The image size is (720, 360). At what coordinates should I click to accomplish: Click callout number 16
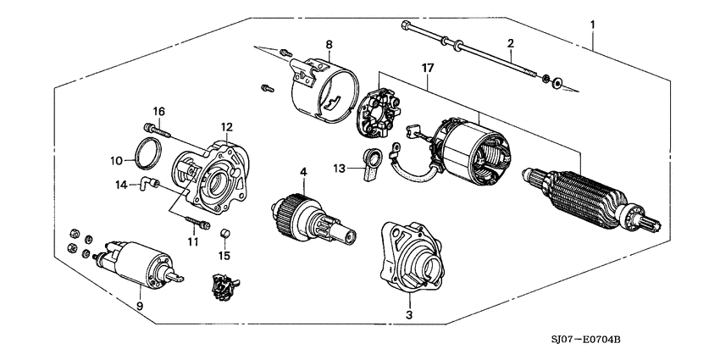[158, 111]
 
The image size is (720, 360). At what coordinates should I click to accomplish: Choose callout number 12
[226, 126]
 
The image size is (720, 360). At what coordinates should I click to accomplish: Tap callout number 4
[302, 172]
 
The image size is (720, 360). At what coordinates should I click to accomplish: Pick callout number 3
[409, 315]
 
